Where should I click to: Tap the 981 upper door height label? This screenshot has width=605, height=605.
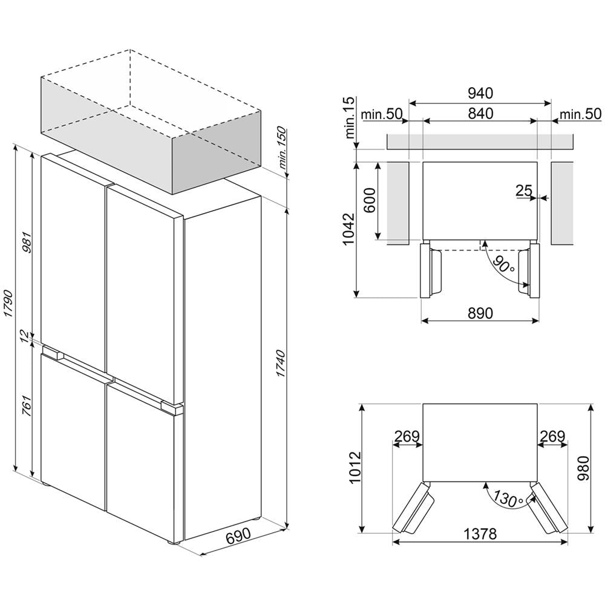(27, 243)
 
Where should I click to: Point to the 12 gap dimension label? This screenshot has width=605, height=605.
(25, 336)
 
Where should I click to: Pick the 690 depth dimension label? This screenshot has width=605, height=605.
(238, 536)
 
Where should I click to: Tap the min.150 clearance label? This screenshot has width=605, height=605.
(283, 148)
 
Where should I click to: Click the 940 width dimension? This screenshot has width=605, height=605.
(480, 93)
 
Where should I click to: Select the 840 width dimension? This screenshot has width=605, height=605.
(480, 114)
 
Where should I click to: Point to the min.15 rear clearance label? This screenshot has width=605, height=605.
(350, 118)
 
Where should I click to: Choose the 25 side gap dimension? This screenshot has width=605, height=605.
(524, 190)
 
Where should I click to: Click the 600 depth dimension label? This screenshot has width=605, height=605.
(370, 201)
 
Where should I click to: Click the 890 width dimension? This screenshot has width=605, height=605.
(480, 313)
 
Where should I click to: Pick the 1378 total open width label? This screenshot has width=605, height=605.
(480, 534)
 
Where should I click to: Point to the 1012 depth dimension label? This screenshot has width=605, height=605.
(354, 467)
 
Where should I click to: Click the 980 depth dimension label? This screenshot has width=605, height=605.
(583, 468)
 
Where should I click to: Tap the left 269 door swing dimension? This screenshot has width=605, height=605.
(407, 436)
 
